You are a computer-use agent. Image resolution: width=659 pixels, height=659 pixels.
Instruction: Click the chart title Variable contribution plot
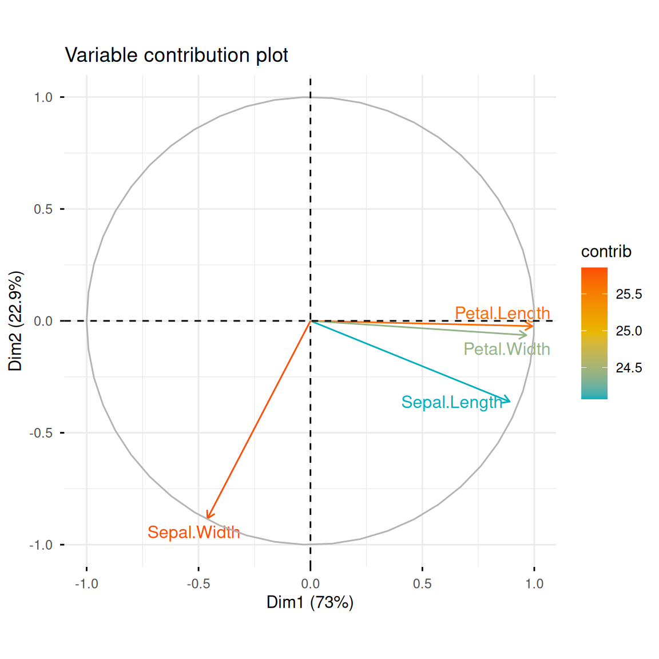pyautogui.click(x=176, y=55)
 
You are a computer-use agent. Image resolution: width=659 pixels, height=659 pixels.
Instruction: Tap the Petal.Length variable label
pyautogui.click(x=502, y=313)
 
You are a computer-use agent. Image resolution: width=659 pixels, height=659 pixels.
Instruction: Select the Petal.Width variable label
pyautogui.click(x=507, y=349)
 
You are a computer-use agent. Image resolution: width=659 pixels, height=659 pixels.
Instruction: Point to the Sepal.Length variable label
pyautogui.click(x=452, y=402)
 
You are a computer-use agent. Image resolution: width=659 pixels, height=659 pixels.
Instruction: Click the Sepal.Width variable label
pyautogui.click(x=193, y=533)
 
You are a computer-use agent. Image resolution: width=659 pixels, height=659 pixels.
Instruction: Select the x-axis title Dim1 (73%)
pyautogui.click(x=310, y=602)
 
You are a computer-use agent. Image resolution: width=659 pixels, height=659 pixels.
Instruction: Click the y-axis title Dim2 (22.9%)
pyautogui.click(x=15, y=321)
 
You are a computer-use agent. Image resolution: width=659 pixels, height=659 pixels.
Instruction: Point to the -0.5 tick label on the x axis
pyautogui.click(x=198, y=584)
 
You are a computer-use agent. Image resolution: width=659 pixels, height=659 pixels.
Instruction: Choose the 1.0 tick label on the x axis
pyautogui.click(x=534, y=584)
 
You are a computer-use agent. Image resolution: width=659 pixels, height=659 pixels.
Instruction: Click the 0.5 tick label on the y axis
pyautogui.click(x=43, y=209)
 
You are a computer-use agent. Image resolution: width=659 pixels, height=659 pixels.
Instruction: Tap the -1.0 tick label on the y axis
pyautogui.click(x=41, y=545)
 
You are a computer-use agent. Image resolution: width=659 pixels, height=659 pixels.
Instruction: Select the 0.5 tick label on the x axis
pyautogui.click(x=422, y=584)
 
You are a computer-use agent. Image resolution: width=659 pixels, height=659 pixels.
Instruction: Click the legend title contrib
pyautogui.click(x=606, y=252)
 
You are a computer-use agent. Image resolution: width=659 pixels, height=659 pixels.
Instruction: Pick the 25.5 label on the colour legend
pyautogui.click(x=629, y=294)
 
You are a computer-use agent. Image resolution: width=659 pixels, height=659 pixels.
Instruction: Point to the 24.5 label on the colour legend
pyautogui.click(x=629, y=368)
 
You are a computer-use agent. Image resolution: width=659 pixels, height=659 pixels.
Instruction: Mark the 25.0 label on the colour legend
pyautogui.click(x=629, y=331)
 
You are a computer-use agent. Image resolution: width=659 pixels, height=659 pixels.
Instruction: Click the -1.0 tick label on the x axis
pyautogui.click(x=86, y=584)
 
